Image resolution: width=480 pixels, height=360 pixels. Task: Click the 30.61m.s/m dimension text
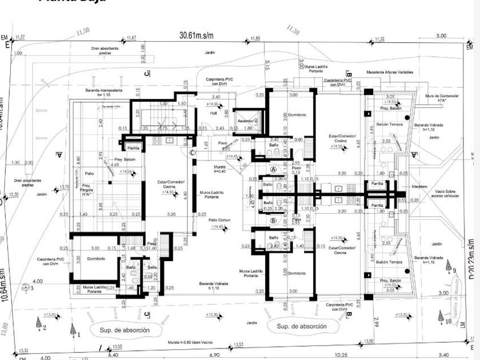pyautogui.click(x=196, y=35)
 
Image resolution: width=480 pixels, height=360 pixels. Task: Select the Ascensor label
pyautogui.click(x=246, y=121)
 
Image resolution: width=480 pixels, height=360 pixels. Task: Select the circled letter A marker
pyautogui.click(x=273, y=170)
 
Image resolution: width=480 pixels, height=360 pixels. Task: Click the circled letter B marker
pyautogui.click(x=273, y=220)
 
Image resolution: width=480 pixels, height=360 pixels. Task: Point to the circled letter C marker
pyautogui.click(x=193, y=152)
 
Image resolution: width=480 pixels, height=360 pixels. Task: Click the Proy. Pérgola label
pyautogui.click(x=87, y=189)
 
